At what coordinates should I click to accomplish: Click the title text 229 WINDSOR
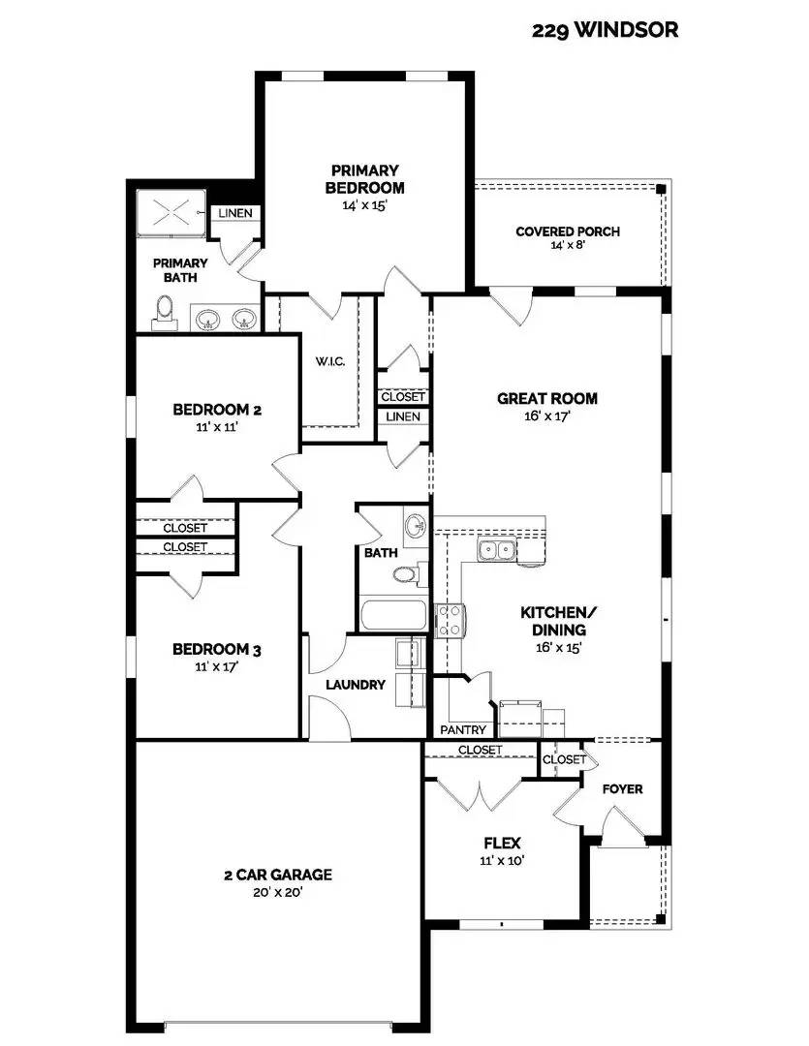point(605,30)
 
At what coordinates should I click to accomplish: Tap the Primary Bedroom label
point(364,179)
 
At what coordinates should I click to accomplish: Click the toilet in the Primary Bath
point(165,312)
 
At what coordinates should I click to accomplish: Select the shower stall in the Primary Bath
point(171,212)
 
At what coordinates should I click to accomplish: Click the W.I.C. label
point(329,361)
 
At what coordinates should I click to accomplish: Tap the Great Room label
point(546,398)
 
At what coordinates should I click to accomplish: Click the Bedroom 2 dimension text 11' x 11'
point(217,426)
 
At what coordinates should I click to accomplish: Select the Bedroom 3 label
point(217,649)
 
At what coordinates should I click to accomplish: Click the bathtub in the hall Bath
point(392,616)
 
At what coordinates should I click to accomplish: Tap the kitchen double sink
point(496,551)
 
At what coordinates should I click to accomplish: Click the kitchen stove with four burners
point(451,620)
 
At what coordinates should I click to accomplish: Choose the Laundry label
point(356,685)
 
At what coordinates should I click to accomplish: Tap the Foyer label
point(622,789)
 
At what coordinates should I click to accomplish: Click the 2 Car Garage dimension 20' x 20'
point(277,892)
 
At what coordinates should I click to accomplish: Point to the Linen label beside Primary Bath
point(234,213)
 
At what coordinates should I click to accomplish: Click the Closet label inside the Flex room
point(480,751)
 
